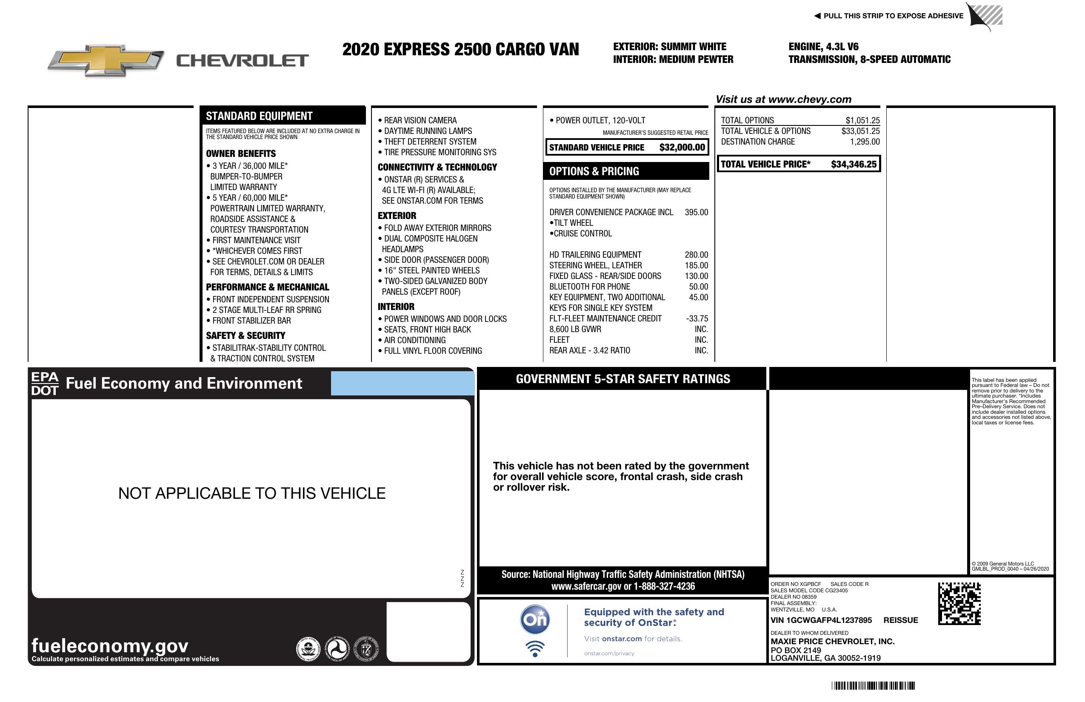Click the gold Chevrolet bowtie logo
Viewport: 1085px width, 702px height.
click(106, 60)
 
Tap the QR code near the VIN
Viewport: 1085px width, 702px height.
click(959, 603)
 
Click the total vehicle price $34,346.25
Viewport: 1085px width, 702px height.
click(854, 165)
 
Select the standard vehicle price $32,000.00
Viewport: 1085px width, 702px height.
click(682, 148)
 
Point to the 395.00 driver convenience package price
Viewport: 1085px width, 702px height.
click(696, 212)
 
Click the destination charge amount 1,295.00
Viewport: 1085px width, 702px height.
click(864, 142)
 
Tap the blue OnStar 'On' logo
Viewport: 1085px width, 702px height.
click(535, 620)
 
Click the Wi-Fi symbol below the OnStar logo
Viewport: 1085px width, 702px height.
click(535, 649)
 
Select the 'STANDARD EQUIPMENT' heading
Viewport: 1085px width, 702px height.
click(259, 116)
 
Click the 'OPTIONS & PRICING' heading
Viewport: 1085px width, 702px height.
click(594, 171)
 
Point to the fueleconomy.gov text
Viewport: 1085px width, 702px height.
click(110, 645)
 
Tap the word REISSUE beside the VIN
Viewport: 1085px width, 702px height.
click(900, 620)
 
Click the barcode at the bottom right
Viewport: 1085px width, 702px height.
click(873, 685)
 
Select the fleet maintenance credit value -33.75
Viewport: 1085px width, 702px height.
click(697, 318)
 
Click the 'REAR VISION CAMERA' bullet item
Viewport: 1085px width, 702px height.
click(420, 120)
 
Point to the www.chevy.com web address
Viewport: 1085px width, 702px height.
click(810, 99)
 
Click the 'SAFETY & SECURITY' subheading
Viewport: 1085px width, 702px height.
click(245, 336)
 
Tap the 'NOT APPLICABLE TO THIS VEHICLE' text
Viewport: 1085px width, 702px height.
click(251, 493)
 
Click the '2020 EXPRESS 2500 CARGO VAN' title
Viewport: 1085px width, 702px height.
click(460, 50)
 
